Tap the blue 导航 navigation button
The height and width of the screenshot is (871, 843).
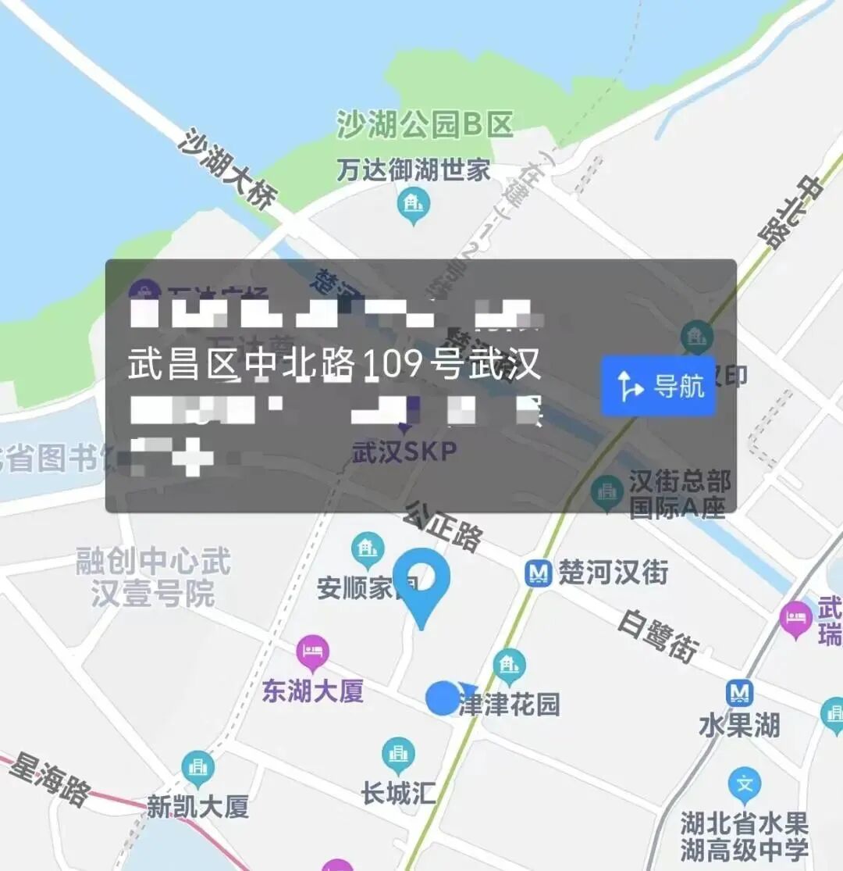[658, 386]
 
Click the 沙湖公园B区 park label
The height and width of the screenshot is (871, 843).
[425, 125]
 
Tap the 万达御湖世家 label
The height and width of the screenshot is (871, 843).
[413, 170]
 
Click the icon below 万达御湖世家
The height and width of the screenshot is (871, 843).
[413, 206]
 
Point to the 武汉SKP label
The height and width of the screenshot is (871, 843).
[404, 452]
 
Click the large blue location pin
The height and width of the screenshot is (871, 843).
[421, 582]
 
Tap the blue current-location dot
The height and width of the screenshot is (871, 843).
[442, 698]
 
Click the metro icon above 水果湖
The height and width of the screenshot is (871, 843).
[738, 693]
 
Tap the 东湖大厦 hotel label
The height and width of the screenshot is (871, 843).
[312, 691]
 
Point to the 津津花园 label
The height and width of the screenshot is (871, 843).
[509, 705]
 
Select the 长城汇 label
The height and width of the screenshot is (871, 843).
[398, 794]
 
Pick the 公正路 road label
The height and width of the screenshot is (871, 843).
[443, 526]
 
